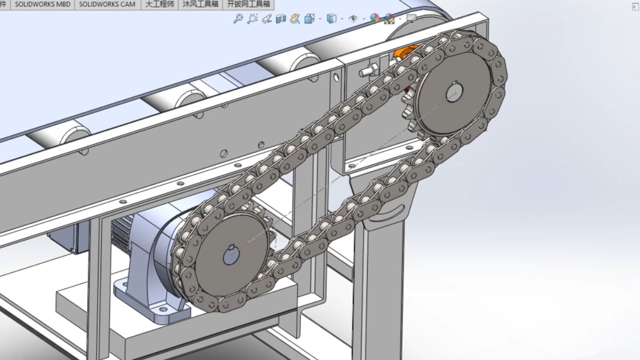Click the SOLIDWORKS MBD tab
tap(42, 4)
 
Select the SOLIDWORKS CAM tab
tap(107, 4)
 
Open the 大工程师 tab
tap(159, 4)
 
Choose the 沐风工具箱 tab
tap(201, 4)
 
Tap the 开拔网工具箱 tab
tap(249, 4)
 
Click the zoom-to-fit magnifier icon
tap(238, 19)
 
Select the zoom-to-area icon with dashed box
tap(252, 19)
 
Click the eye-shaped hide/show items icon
tap(353, 19)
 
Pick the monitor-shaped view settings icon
tap(411, 19)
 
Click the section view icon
tap(281, 19)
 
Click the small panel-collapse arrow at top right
tap(635, 6)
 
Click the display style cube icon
tap(332, 19)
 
